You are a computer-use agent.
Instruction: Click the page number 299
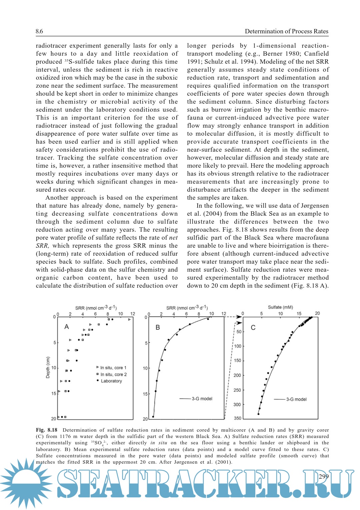323,476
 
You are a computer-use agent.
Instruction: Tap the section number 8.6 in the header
39,31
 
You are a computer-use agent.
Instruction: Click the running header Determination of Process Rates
286,31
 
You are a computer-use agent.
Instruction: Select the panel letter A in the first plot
67,327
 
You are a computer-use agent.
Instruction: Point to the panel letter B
158,327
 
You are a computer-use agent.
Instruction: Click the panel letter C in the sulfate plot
253,327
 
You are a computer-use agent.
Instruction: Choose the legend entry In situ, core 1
113,368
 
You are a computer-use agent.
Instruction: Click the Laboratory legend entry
111,381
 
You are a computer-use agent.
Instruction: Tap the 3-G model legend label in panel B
202,399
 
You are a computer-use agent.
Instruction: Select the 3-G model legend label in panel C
296,399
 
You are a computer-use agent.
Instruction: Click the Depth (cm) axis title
48,367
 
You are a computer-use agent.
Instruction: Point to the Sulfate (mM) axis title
280,307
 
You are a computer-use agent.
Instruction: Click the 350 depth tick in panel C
237,418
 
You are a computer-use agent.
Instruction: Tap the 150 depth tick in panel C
237,361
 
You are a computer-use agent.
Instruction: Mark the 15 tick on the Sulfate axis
299,314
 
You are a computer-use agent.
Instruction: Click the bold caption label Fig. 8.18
47,430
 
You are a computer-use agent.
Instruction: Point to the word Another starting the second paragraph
58,198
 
